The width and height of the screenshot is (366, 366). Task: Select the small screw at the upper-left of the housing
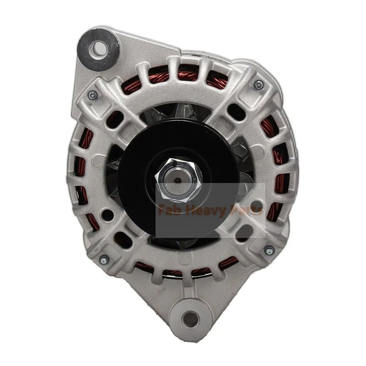pos(93,95)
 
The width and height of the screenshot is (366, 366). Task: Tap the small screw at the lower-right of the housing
pos(269,250)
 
